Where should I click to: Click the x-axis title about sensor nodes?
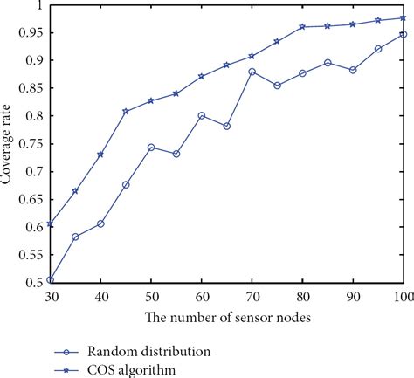[x=225, y=316]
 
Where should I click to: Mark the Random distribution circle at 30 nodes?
[x=50, y=280]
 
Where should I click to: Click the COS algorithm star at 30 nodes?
[x=50, y=224]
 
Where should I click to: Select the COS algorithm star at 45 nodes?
[x=126, y=111]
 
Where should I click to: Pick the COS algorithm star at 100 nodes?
[x=404, y=17]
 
